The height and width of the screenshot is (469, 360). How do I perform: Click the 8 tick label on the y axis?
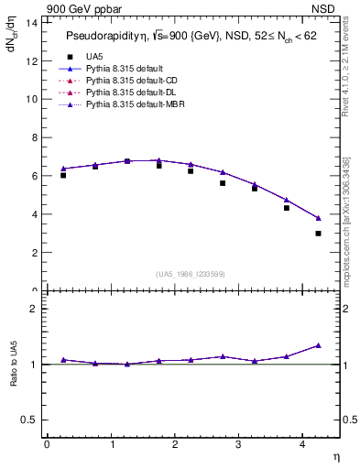coord(33,137)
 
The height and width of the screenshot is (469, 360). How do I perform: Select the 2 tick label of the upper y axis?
coord(33,253)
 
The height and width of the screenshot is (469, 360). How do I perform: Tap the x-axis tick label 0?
coord(47,444)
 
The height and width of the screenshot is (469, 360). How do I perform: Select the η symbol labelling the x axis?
coord(334,455)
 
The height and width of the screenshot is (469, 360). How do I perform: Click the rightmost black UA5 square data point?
coord(319,234)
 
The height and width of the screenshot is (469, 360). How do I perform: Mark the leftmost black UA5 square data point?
coord(63,175)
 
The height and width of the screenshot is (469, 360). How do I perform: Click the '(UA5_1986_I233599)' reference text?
coord(191,275)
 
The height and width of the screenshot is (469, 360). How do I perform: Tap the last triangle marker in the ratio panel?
coord(319,345)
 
